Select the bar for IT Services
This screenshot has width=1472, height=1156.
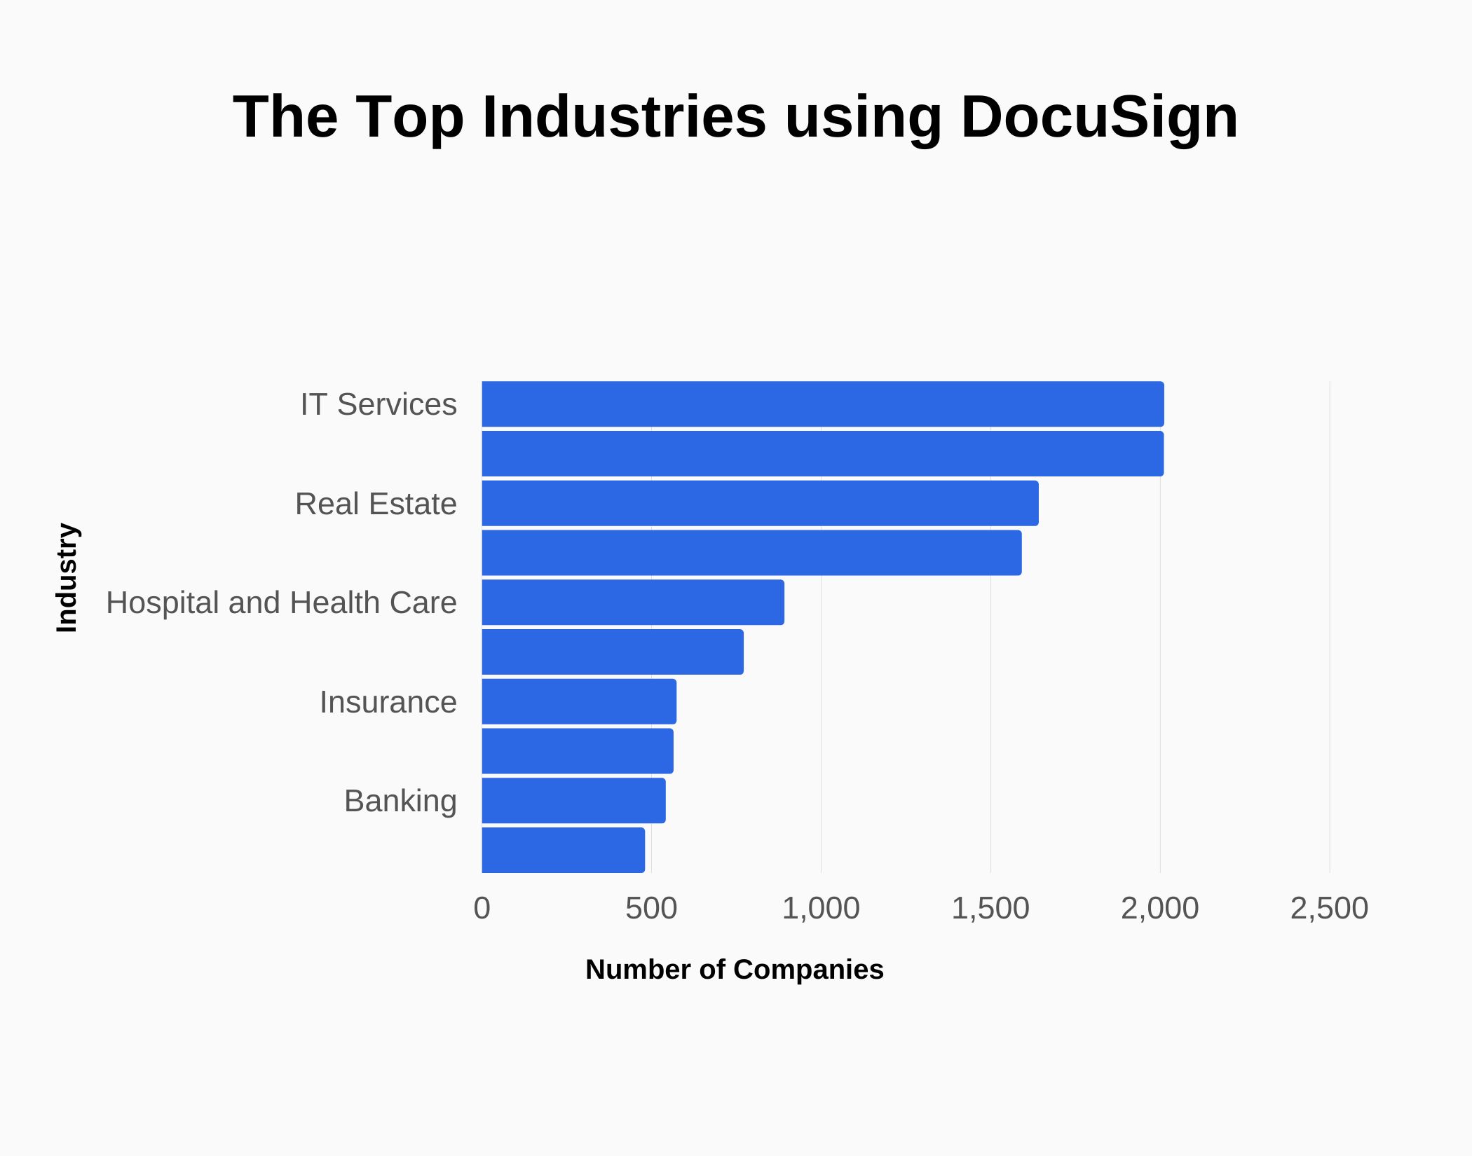822,404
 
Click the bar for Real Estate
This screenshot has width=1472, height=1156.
760,503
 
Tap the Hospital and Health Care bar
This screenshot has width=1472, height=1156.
633,603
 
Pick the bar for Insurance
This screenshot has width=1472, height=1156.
579,701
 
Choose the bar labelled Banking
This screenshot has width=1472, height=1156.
573,801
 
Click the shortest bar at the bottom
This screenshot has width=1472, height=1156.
563,850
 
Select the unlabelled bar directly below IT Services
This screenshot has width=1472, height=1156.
822,454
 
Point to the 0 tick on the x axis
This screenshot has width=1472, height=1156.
482,909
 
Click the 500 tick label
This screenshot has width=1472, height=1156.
651,909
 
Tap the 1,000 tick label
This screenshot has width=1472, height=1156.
820,909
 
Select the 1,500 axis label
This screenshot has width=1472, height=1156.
990,909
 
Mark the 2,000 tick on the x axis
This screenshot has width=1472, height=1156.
1159,909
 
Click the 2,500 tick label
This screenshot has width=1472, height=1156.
1329,909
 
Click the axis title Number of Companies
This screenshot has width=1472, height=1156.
734,970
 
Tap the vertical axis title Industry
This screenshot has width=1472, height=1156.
67,578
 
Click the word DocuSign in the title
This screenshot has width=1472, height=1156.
1098,117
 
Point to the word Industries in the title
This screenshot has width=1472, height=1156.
624,117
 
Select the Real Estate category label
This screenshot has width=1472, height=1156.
376,504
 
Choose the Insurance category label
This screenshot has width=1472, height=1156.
388,702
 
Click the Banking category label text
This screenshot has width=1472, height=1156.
400,801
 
